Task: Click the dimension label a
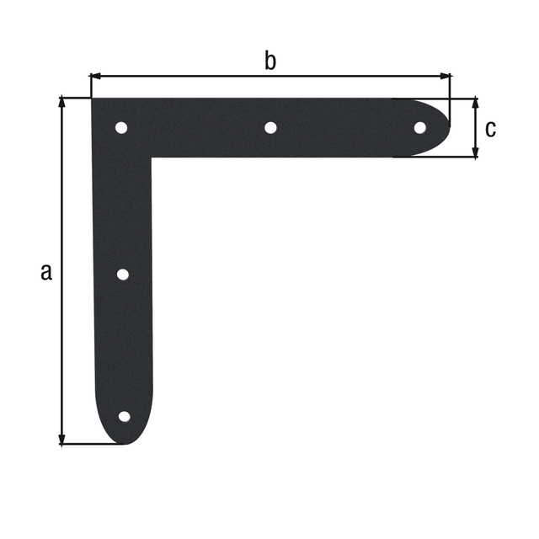coord(46,271)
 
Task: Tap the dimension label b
coord(269,61)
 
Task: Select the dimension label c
coord(491,129)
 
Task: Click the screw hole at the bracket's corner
coord(121,128)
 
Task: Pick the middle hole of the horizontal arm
coord(270,128)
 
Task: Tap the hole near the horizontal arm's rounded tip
coord(419,127)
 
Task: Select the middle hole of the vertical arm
coord(122,275)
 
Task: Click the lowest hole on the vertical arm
coord(124,416)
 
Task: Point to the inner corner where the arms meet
coord(152,157)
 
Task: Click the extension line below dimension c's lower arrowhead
coord(438,157)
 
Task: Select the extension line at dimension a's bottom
coord(93,444)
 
